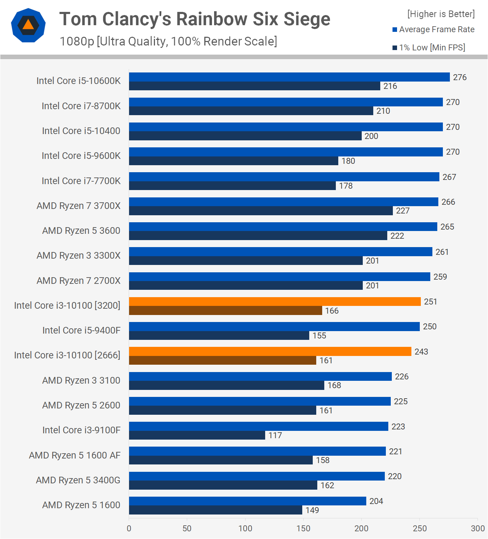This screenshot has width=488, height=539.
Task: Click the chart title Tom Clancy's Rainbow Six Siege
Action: click(195, 19)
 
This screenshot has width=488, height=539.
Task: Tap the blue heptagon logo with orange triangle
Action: click(28, 25)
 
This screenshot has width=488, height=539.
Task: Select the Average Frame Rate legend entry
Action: click(433, 29)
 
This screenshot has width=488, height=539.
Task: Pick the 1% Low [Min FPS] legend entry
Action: click(429, 48)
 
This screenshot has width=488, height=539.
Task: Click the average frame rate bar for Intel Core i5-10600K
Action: click(289, 77)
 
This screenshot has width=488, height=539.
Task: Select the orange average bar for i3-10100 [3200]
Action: click(275, 302)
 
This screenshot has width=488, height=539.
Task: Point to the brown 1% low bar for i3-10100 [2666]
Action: click(222, 360)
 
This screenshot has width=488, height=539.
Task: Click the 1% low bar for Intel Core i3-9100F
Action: click(197, 435)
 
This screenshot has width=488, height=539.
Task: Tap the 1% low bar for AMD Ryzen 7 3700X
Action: click(261, 211)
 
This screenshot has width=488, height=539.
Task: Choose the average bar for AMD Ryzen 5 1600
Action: click(247, 501)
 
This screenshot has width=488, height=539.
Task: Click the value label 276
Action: click(460, 77)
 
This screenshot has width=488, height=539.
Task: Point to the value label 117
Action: click(275, 435)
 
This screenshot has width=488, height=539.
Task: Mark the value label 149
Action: click(312, 510)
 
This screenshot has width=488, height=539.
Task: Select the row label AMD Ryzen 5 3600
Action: click(81, 231)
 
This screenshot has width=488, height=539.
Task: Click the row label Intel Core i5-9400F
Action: click(81, 330)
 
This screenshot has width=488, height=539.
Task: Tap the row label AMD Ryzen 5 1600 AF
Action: click(75, 455)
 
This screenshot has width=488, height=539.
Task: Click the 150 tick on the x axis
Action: click(303, 528)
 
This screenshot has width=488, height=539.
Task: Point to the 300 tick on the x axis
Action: click(478, 528)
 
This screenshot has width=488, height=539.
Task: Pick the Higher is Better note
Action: click(441, 14)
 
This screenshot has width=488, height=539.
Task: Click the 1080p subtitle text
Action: click(168, 41)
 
